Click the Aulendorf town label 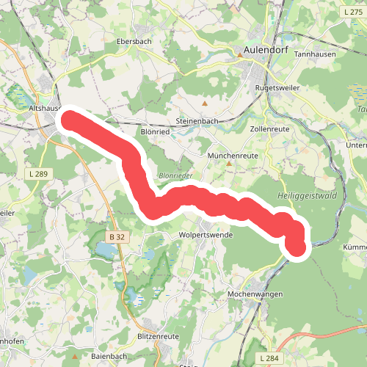pos(266,51)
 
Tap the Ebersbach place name pos(134,42)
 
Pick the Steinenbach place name pos(198,120)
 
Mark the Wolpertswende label pos(206,235)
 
